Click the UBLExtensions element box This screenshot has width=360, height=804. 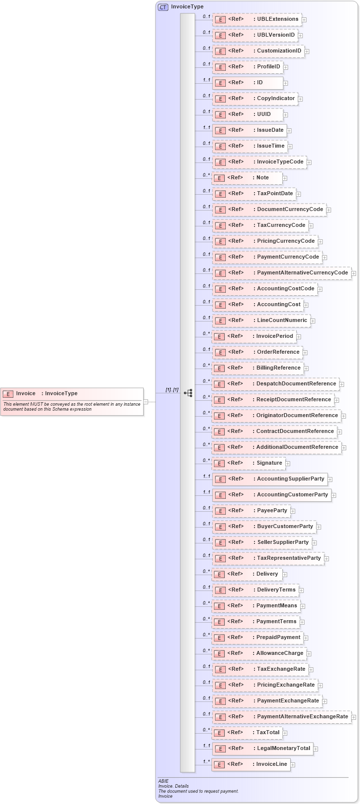[257, 20]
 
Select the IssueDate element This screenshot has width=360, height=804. [250, 130]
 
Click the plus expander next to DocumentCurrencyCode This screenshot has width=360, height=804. [329, 210]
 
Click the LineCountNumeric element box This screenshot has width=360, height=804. [261, 321]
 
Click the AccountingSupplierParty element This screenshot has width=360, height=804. [270, 479]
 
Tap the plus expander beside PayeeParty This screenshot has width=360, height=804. [293, 511]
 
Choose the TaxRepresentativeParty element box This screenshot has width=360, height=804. [268, 558]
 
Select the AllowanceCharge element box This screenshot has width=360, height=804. [259, 653]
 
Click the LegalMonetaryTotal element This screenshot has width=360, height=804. [262, 749]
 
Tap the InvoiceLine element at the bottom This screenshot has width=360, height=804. [251, 764]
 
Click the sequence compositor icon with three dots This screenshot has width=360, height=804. [188, 393]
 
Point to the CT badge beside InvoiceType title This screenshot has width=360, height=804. [163, 7]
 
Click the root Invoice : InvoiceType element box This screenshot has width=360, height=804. [72, 401]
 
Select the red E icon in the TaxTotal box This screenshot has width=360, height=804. [220, 733]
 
